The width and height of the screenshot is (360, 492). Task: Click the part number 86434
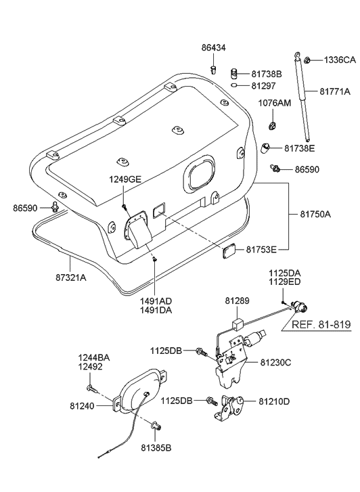pyautogui.click(x=215, y=47)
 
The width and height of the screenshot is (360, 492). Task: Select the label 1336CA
pyautogui.click(x=338, y=60)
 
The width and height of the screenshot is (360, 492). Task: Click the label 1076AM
pyautogui.click(x=275, y=104)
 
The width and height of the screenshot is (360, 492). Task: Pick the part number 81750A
pyautogui.click(x=316, y=214)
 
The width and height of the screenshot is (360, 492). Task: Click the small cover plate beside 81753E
pyautogui.click(x=229, y=252)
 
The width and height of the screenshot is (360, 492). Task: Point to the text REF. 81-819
pyautogui.click(x=321, y=325)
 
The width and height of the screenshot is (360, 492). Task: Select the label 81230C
pyautogui.click(x=274, y=363)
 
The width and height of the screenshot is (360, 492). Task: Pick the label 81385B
pyautogui.click(x=156, y=447)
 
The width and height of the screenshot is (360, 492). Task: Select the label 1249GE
pyautogui.click(x=125, y=179)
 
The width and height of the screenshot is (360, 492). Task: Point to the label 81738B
pyautogui.click(x=266, y=73)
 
